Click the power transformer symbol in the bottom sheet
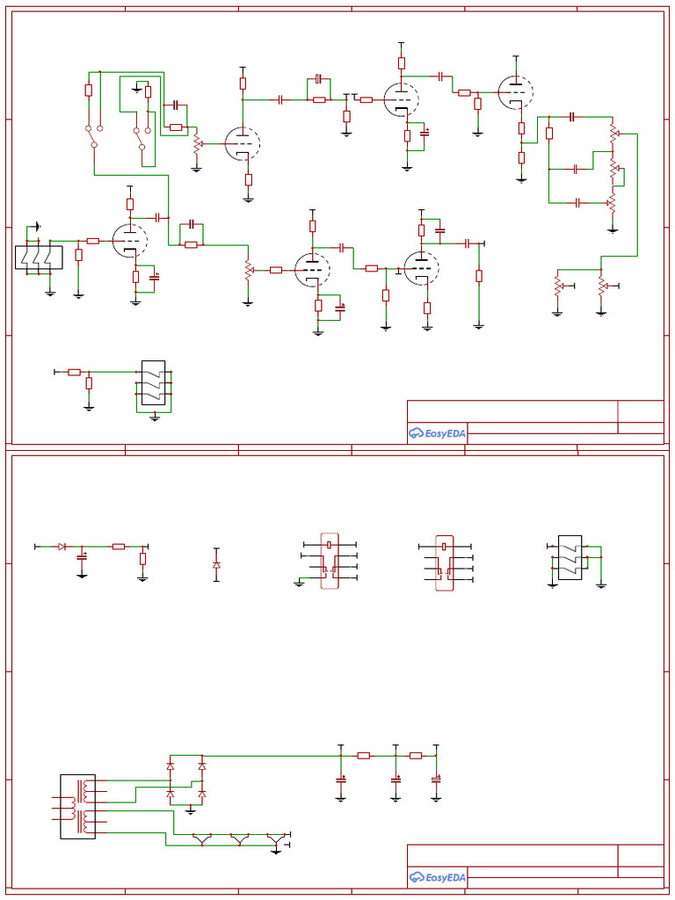[77, 806]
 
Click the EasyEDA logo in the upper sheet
[437, 432]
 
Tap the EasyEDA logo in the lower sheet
[437, 876]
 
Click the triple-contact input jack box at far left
[40, 258]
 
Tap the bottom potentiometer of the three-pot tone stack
[612, 203]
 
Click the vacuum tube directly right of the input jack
[130, 240]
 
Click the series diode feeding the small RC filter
[62, 547]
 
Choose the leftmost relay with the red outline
[330, 561]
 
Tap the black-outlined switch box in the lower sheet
[570, 557]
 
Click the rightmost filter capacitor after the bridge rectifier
[435, 779]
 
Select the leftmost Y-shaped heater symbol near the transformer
[203, 839]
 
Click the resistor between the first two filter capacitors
[363, 755]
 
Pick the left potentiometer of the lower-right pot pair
[557, 286]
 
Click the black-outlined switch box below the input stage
[154, 384]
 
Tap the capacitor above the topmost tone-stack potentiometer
[572, 116]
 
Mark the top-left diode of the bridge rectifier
[171, 766]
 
